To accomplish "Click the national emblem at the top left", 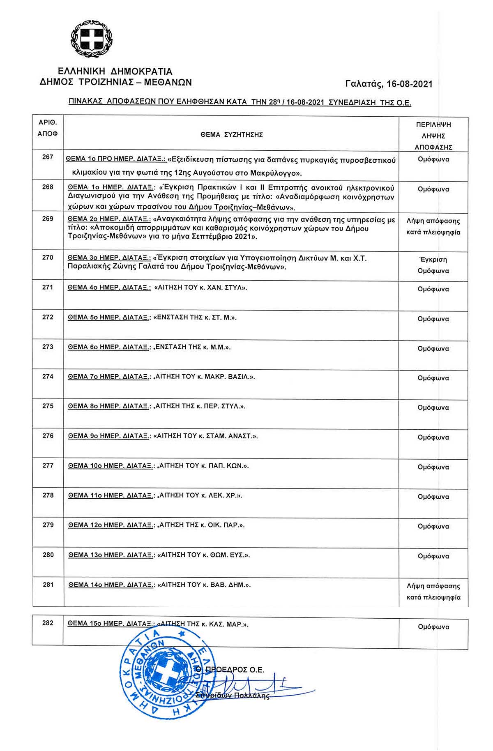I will tap(92, 40).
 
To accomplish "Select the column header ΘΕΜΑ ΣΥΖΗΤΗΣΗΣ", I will tap(232, 135).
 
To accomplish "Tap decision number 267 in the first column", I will tap(48, 157).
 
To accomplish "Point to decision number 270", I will tap(48, 258).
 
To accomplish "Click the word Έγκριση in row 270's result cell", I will tap(433, 260).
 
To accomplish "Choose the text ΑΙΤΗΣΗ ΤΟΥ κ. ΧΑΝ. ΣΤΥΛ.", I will tap(200, 288).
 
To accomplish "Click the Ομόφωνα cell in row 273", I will tap(433, 349).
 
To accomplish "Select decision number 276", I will tap(48, 436).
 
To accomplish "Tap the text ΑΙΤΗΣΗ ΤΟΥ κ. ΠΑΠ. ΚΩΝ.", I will tap(204, 466).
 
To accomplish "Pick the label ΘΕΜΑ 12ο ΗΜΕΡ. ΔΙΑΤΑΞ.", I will tap(111, 525).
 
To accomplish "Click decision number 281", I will tap(48, 585).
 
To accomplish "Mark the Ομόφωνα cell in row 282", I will tap(433, 627).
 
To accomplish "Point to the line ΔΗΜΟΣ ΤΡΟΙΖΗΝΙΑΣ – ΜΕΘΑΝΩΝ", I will tap(115, 82).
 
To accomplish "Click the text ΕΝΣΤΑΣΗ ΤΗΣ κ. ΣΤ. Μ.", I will tap(195, 318).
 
